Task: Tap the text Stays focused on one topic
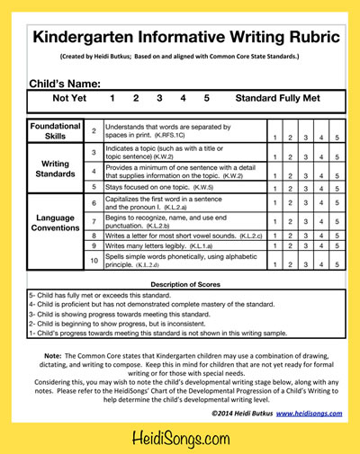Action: [153, 187]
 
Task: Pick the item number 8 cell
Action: [94, 235]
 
